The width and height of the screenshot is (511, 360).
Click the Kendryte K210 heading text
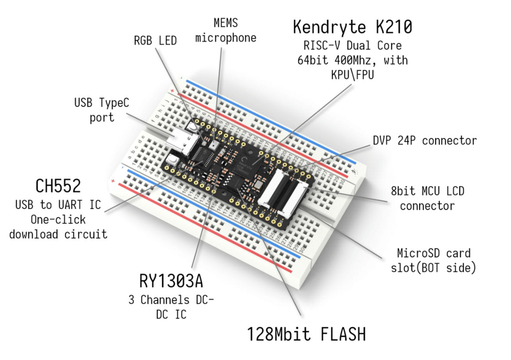coord(352,27)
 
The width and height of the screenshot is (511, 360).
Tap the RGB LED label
coord(155,41)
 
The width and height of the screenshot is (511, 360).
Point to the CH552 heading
coord(58,186)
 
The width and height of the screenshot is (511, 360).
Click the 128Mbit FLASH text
coord(307,334)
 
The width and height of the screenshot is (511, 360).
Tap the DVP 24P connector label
coord(424,140)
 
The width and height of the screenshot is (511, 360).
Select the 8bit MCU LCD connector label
coord(427,198)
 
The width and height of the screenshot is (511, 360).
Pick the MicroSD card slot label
coord(433,260)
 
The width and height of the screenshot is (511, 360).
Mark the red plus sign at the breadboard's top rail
coord(173,90)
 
